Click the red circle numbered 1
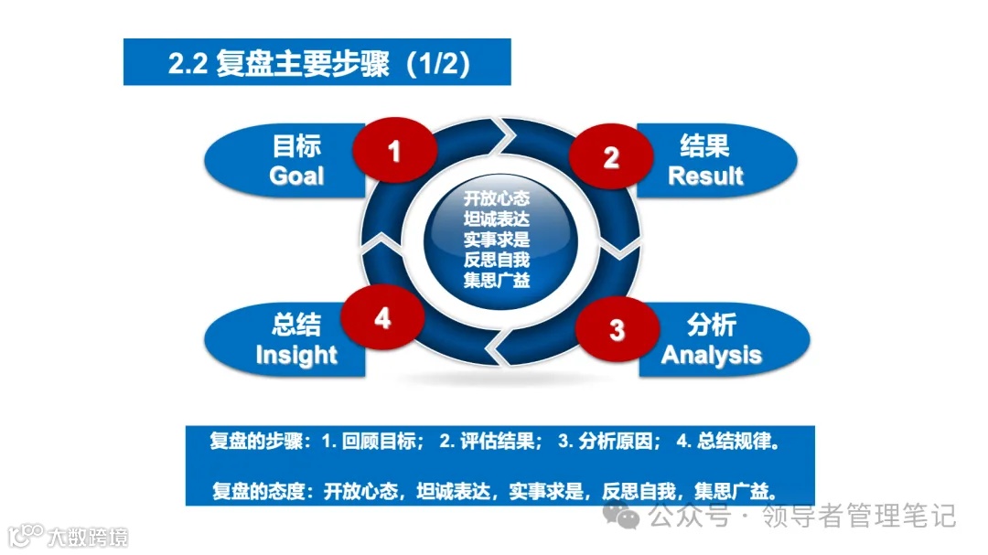(x=394, y=150)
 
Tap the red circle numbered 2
(x=611, y=157)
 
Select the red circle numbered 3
(x=617, y=329)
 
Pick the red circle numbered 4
(x=382, y=318)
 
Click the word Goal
(x=296, y=176)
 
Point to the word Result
(x=705, y=176)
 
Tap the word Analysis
(x=711, y=355)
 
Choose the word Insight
(x=295, y=355)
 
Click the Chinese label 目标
(x=297, y=146)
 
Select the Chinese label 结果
(x=704, y=146)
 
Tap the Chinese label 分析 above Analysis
(x=711, y=326)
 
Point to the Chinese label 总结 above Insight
(x=295, y=326)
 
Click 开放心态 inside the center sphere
(x=497, y=197)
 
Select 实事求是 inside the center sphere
(x=497, y=240)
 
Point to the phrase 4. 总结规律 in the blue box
(x=727, y=441)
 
